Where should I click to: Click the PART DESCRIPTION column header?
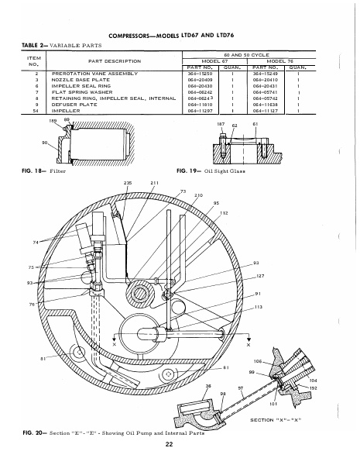click(113, 60)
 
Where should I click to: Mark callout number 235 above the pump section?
click(128, 182)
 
